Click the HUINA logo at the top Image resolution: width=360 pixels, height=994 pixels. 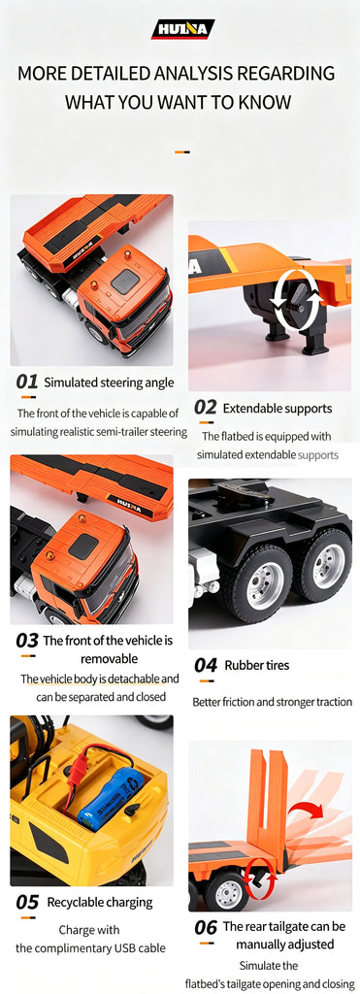click(x=182, y=29)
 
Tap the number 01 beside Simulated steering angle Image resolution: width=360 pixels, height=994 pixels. click(x=27, y=381)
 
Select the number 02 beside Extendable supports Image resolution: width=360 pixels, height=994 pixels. click(x=206, y=408)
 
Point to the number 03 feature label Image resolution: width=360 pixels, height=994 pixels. click(x=27, y=641)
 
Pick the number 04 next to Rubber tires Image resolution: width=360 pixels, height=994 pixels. click(x=206, y=665)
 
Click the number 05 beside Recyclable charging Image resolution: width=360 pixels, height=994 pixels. click(x=27, y=902)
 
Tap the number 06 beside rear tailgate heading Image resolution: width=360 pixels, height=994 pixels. click(x=206, y=927)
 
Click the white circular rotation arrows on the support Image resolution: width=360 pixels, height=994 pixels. click(x=295, y=298)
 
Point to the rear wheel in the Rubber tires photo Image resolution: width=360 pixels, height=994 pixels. click(x=331, y=566)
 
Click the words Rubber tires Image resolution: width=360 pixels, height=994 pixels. click(x=257, y=665)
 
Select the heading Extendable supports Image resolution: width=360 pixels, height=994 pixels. click(x=278, y=409)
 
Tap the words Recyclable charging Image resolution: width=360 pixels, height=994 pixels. click(x=100, y=902)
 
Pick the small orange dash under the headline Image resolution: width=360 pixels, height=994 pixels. click(x=182, y=152)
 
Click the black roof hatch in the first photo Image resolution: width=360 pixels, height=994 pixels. click(x=125, y=282)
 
